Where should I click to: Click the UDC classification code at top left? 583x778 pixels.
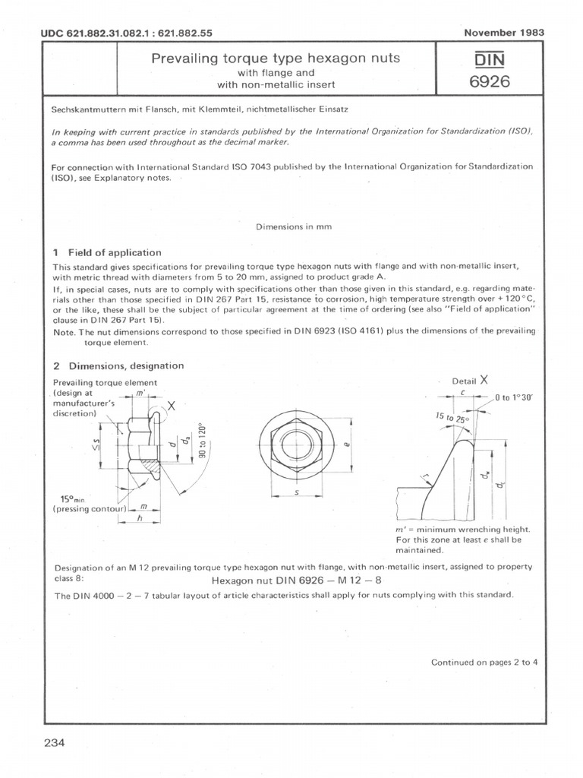tap(115, 34)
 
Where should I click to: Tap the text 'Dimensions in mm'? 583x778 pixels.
tap(293, 226)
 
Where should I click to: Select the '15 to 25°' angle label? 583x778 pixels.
tap(452, 419)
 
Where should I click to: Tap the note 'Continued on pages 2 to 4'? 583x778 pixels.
tap(484, 662)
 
